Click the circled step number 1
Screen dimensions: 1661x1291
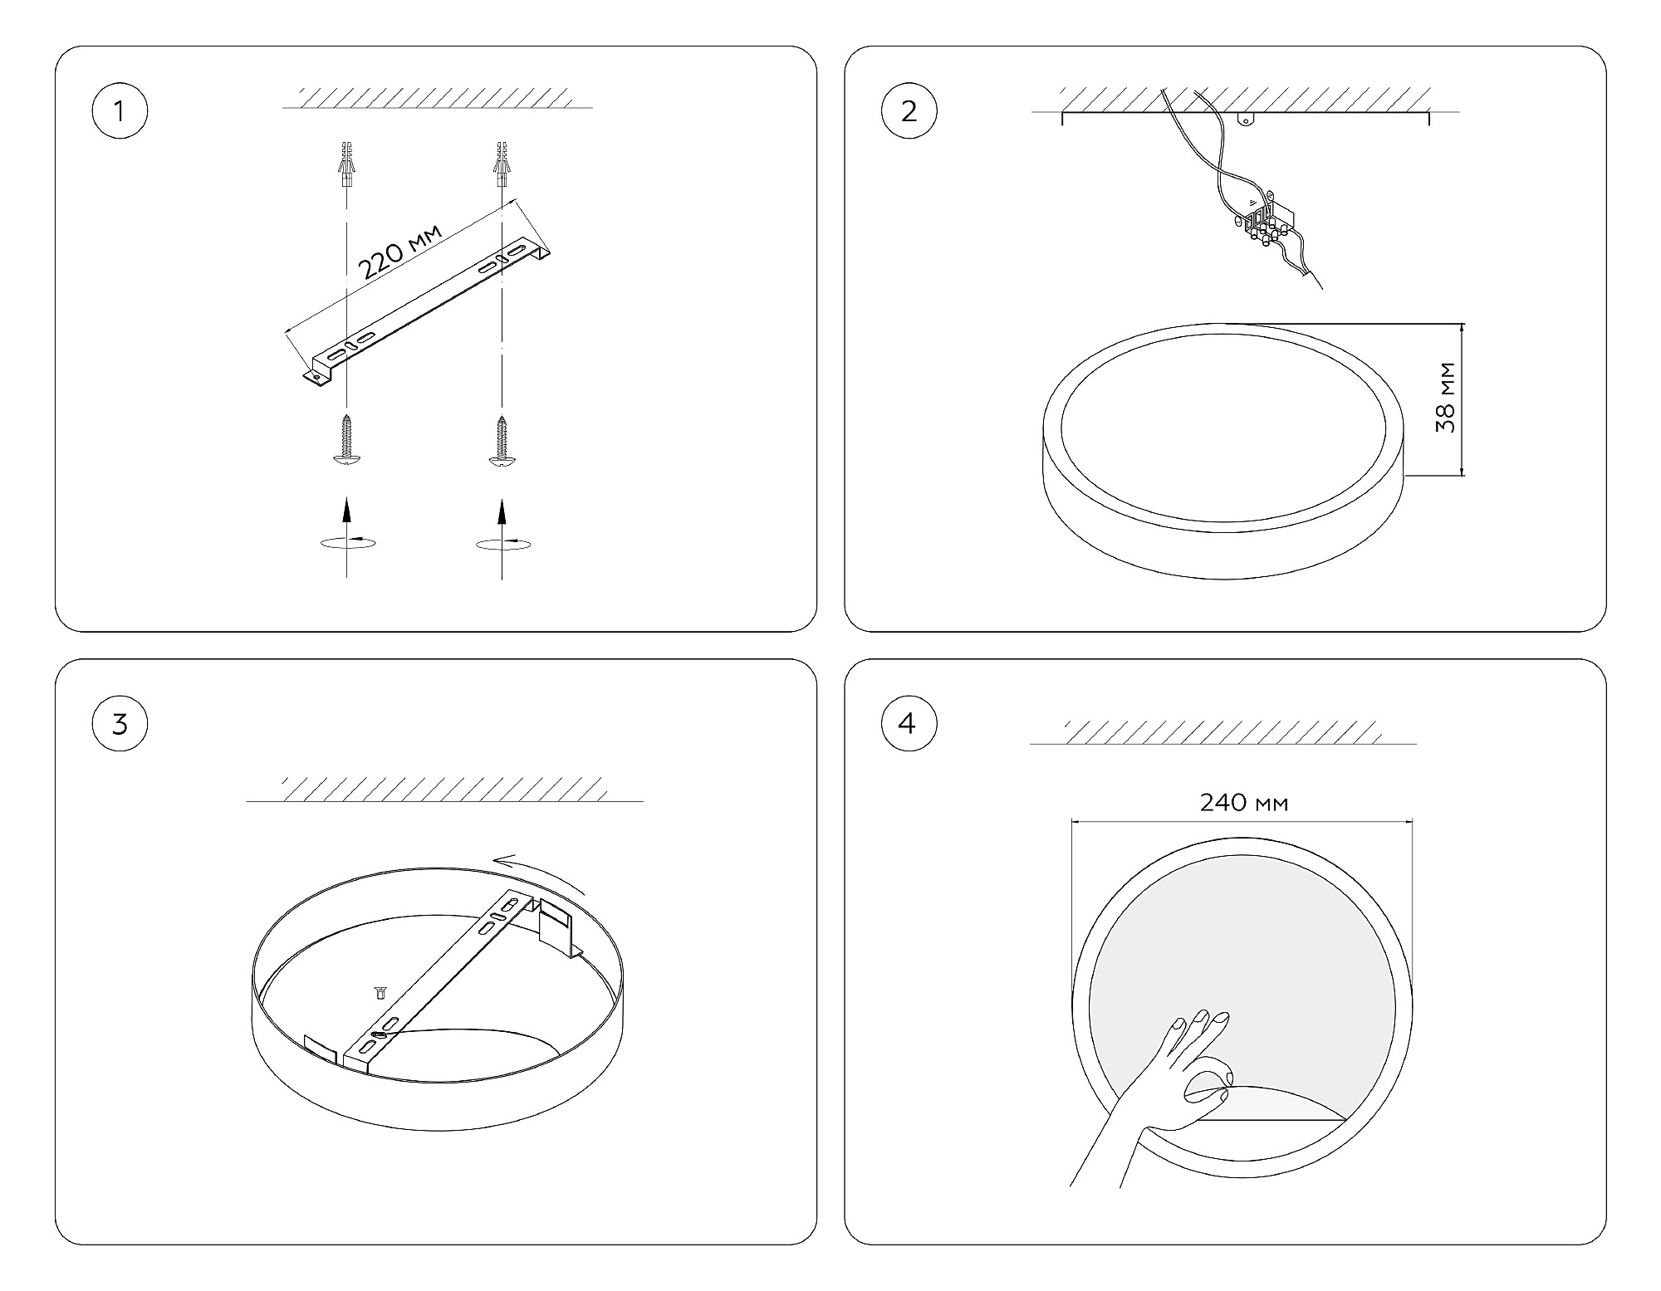tap(120, 110)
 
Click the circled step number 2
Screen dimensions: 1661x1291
tap(909, 110)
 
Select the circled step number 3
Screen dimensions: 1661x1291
tap(120, 724)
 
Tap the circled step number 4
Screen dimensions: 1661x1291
tap(909, 723)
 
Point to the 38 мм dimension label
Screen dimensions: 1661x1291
tap(1446, 397)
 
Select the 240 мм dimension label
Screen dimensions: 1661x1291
tap(1244, 803)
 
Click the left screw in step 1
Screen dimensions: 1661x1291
tap(347, 441)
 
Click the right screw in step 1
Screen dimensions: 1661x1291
tap(501, 441)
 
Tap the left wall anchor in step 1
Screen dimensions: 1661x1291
tap(346, 165)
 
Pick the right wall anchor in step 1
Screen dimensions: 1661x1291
tap(501, 165)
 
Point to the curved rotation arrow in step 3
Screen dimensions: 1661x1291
tap(539, 873)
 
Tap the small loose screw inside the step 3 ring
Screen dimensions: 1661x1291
tap(380, 991)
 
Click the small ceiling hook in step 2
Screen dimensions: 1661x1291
tap(1245, 119)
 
